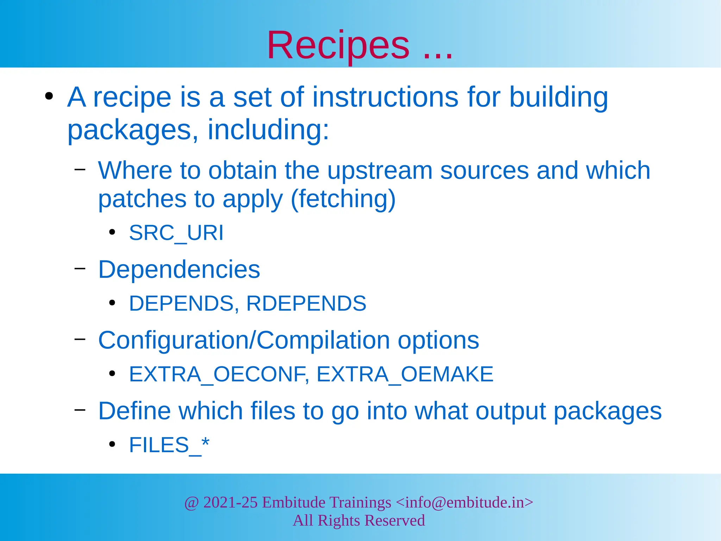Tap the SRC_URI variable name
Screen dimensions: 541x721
click(176, 233)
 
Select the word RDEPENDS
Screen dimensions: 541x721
click(306, 303)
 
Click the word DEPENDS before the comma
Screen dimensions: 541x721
click(181, 303)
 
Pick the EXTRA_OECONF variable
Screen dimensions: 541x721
click(218, 374)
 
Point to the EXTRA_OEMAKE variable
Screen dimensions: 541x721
click(405, 374)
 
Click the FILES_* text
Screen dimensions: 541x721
click(169, 445)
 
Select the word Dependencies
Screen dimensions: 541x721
click(179, 269)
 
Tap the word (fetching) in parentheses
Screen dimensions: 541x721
click(343, 199)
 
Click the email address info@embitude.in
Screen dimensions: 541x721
click(465, 502)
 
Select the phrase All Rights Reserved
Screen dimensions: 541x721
click(359, 521)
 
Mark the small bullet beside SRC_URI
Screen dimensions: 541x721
click(112, 232)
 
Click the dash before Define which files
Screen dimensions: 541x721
click(80, 410)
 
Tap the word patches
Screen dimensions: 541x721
click(142, 199)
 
